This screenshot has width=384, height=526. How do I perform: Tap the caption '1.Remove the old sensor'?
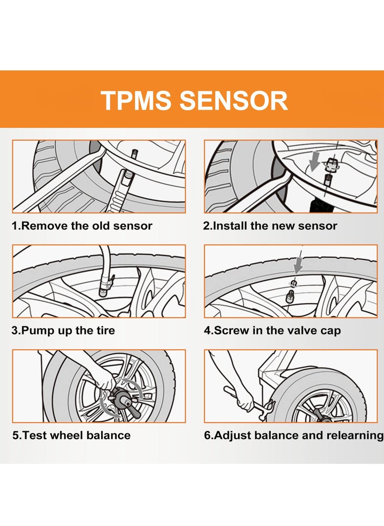(82, 226)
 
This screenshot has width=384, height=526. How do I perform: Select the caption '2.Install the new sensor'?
(270, 226)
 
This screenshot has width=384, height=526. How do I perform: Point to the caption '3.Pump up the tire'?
(63, 331)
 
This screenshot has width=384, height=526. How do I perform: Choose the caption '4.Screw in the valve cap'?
(272, 331)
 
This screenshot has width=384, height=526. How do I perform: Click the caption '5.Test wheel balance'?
(72, 435)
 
